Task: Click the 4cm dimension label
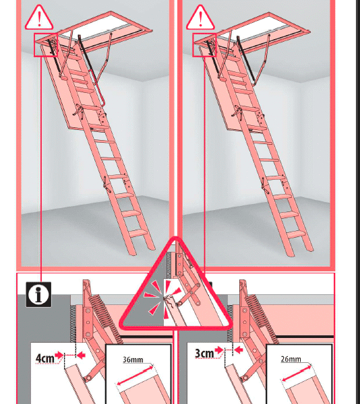tap(45, 358)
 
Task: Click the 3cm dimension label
tap(204, 353)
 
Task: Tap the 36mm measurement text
tap(133, 359)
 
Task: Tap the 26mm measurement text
tap(291, 359)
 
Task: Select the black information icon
tap(38, 294)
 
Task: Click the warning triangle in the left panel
tap(39, 18)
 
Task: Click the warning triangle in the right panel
tap(200, 18)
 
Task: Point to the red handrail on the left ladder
tap(97, 88)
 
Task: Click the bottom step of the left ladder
tap(138, 233)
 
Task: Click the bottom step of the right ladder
tap(297, 234)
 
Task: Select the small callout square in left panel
tap(46, 45)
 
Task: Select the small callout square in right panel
tap(204, 45)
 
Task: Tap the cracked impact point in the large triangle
tap(166, 298)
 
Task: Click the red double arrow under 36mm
tap(135, 375)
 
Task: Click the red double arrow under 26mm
tap(297, 373)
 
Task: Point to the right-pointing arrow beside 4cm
tap(59, 356)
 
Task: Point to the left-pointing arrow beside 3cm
tap(239, 350)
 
